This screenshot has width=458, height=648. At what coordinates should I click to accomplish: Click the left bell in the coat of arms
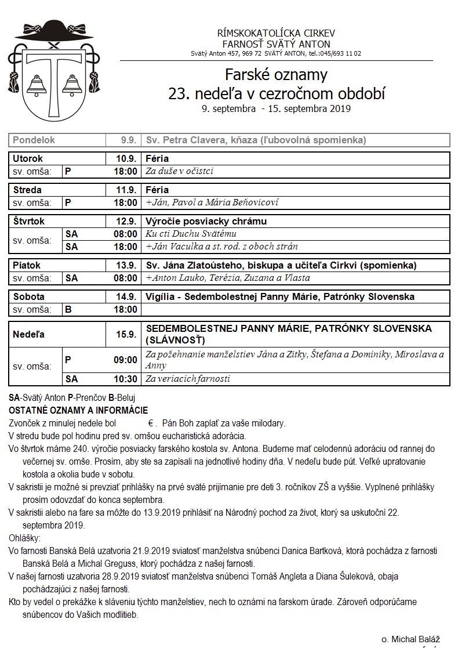[x=37, y=85]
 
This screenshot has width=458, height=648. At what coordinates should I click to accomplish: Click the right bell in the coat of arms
[x=72, y=85]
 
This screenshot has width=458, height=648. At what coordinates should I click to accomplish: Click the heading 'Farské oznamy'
[x=276, y=75]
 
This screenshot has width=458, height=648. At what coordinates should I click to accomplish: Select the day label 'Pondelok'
[x=34, y=140]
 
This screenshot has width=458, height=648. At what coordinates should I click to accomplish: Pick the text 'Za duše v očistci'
[x=179, y=171]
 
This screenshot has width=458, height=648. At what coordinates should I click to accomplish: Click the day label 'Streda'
[x=27, y=190]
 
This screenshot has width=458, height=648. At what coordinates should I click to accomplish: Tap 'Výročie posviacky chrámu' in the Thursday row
[x=206, y=221]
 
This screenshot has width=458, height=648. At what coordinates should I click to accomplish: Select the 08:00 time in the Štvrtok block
[x=125, y=234]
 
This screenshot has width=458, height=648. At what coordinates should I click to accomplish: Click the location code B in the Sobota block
[x=68, y=309]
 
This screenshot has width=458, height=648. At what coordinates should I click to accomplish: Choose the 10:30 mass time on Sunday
[x=125, y=379]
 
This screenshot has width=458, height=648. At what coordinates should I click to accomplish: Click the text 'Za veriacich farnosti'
[x=188, y=379]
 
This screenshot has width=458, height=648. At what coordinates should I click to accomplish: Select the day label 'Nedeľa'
[x=28, y=334]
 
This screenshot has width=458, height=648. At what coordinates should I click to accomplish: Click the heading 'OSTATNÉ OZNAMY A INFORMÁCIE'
[x=78, y=411]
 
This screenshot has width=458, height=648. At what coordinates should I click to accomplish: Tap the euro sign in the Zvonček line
[x=150, y=423]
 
